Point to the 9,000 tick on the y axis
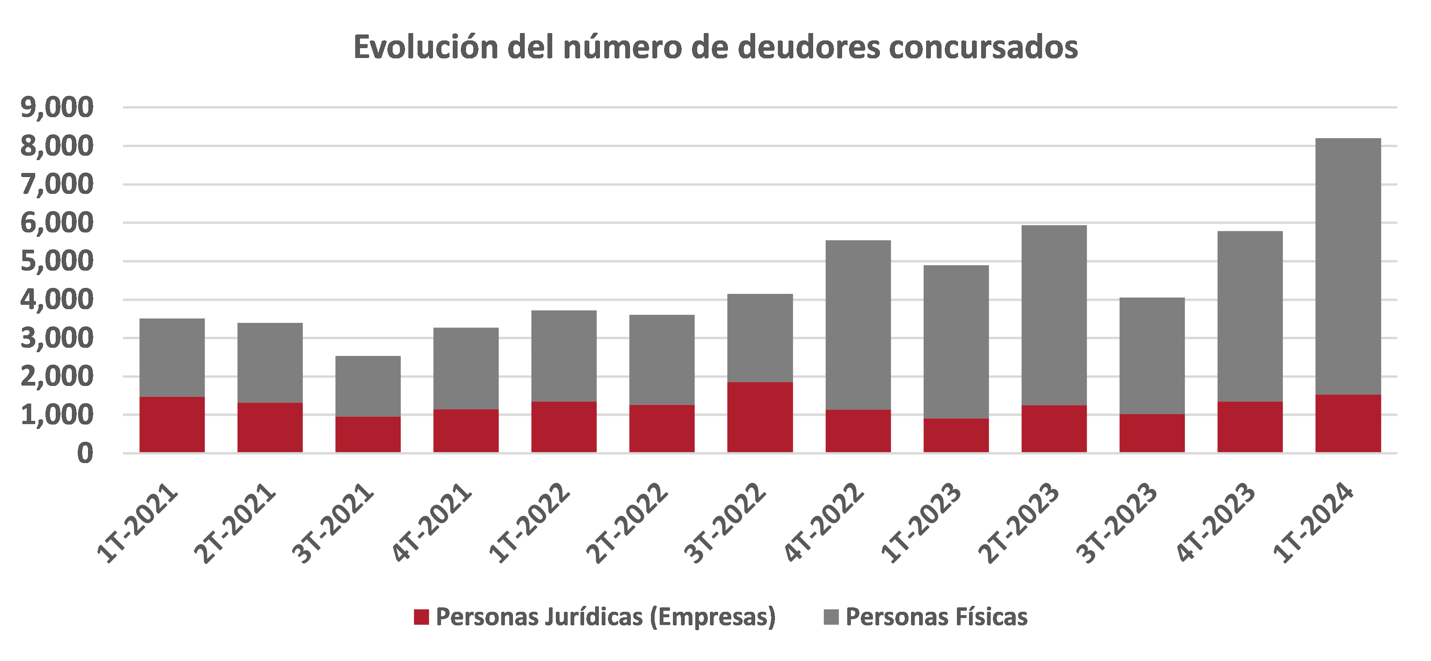(57, 107)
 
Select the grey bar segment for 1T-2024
(1348, 267)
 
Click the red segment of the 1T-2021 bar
(172, 425)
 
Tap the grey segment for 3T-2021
(368, 386)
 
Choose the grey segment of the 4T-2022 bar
(858, 325)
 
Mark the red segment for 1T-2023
(956, 435)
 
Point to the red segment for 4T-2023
(1250, 427)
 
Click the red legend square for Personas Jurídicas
(422, 617)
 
